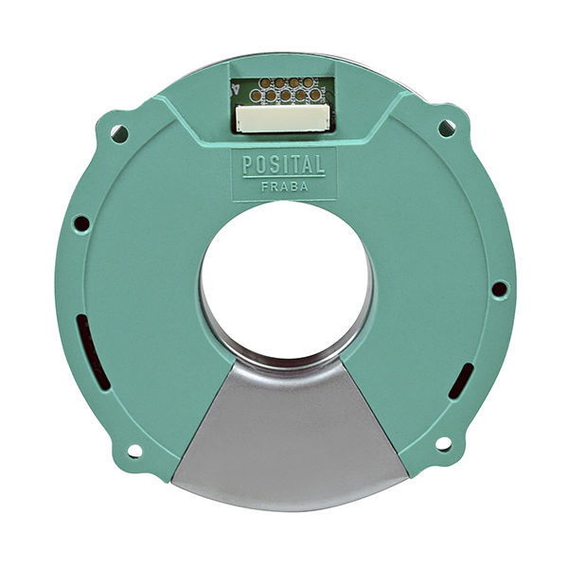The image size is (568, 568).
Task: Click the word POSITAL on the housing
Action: tap(283, 164)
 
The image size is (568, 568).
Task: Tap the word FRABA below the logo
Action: tap(283, 186)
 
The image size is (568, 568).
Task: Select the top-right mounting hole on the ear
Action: tap(446, 128)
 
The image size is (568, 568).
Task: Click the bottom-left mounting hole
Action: tap(134, 451)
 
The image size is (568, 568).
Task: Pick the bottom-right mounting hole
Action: tap(442, 443)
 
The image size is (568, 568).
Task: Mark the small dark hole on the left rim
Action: tap(81, 224)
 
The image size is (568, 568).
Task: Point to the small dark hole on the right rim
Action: tap(498, 289)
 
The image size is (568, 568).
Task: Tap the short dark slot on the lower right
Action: tap(460, 381)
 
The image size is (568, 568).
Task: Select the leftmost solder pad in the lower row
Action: tap(256, 96)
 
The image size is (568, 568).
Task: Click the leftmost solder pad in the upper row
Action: tap(265, 84)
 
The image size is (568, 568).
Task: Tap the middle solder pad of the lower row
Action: tap(285, 96)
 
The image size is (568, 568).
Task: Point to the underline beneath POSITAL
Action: tap(283, 175)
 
